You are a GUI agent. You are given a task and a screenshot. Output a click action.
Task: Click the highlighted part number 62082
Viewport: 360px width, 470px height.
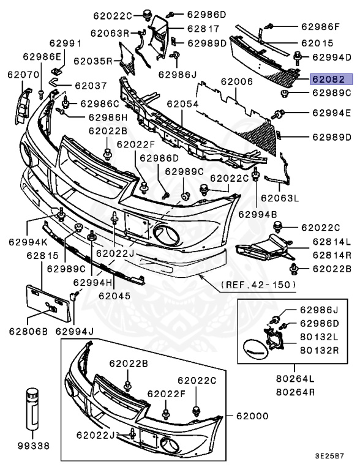click(331, 80)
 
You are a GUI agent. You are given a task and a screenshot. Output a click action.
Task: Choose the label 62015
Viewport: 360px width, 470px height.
click(317, 43)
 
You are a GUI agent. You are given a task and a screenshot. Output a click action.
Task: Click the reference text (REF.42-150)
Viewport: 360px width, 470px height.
click(258, 285)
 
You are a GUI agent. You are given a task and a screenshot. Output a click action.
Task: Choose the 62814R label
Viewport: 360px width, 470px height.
click(331, 254)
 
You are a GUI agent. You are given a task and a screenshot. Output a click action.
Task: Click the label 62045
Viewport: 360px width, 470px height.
click(114, 295)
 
